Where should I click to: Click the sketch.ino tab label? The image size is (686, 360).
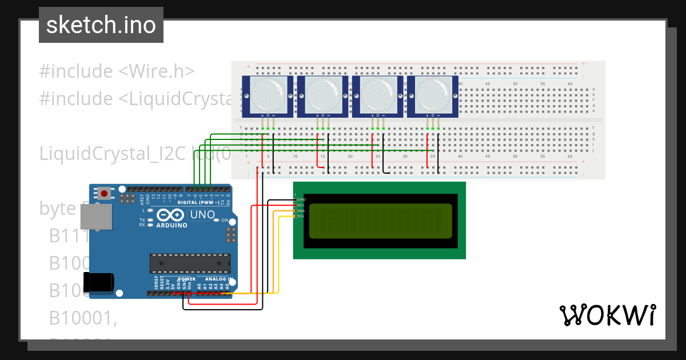point(101,25)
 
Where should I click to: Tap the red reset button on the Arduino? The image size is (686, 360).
point(104,194)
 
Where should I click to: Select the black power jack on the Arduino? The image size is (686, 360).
point(98,283)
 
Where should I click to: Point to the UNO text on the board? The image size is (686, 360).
point(202,215)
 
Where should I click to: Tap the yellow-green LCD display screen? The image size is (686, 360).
point(380,220)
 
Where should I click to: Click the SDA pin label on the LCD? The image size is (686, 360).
point(301,211)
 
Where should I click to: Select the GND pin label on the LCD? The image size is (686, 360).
point(301,199)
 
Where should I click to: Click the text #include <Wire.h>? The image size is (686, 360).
point(117,71)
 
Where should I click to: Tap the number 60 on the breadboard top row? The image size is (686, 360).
point(569,84)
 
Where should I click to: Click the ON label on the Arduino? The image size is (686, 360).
point(225,220)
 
